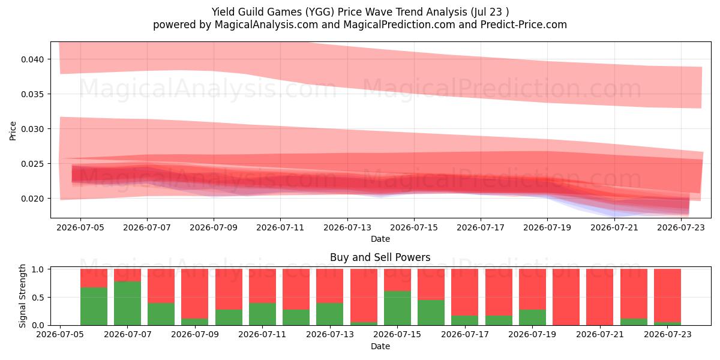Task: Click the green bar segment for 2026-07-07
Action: point(127,303)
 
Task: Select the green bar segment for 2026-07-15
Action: point(397,308)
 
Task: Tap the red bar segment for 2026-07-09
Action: point(195,293)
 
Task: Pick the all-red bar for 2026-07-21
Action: point(600,297)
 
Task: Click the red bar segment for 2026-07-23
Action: point(667,295)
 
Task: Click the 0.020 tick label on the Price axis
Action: point(32,199)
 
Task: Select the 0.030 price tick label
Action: point(32,129)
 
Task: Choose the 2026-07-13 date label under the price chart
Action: point(347,227)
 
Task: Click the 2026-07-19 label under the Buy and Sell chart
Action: point(532,334)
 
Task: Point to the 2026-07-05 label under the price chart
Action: point(80,227)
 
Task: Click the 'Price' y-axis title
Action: point(13,131)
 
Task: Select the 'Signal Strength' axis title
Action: point(22,296)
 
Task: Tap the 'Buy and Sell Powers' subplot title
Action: point(380,257)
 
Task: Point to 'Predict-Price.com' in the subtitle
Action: point(524,25)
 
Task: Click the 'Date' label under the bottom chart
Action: point(380,347)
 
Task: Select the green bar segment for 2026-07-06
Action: point(94,307)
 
